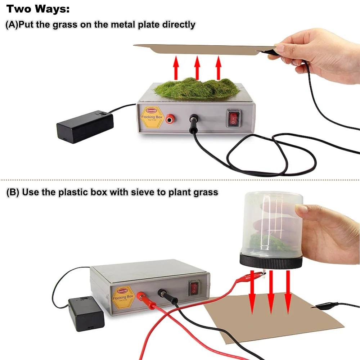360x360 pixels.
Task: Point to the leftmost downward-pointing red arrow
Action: click(x=252, y=292)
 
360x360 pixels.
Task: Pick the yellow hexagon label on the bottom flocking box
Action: click(x=123, y=296)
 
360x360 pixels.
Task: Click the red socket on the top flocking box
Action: click(x=169, y=119)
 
